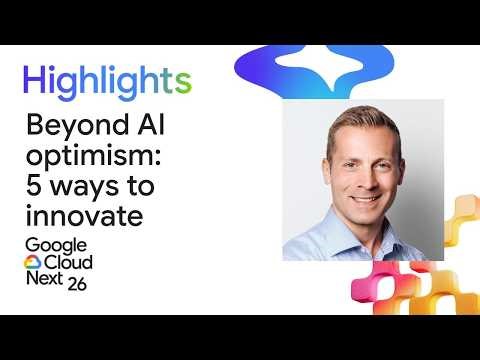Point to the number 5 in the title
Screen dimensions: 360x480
[x=31, y=187]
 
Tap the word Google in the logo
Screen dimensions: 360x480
[x=55, y=247]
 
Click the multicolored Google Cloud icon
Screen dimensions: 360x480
[x=32, y=264]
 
